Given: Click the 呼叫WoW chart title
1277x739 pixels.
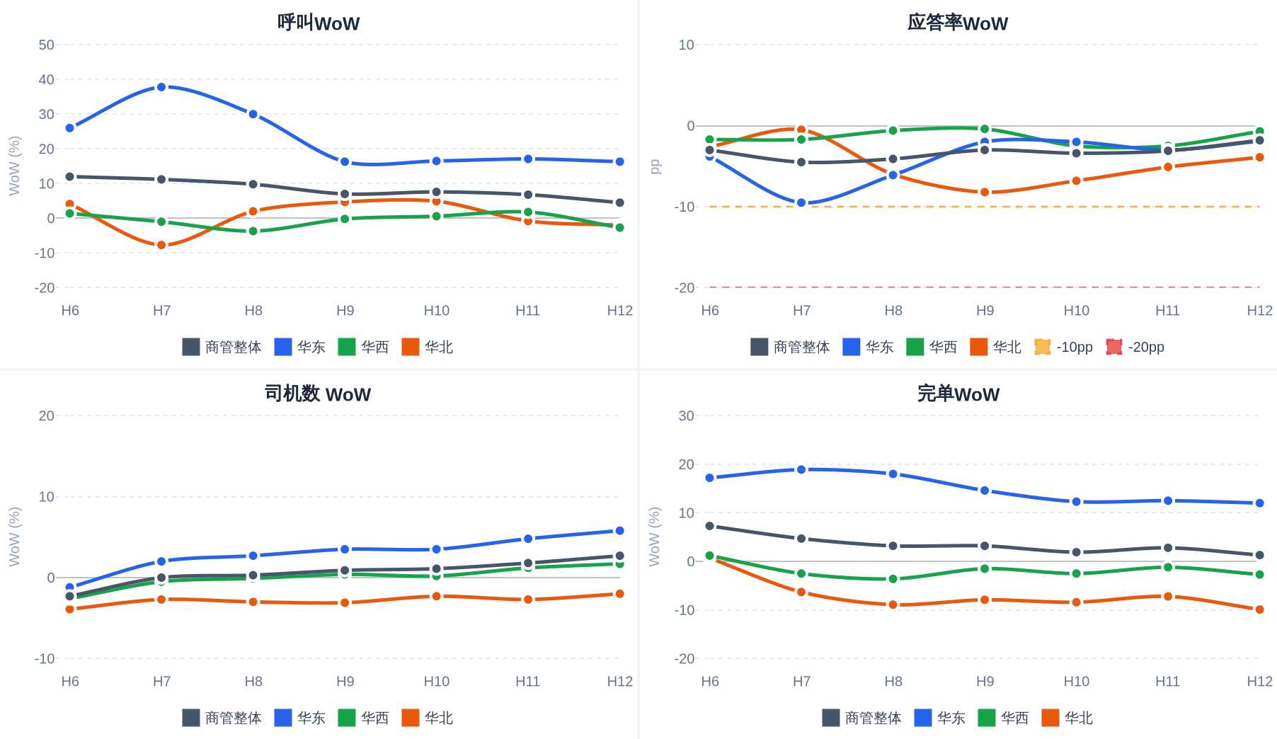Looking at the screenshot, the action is [319, 23].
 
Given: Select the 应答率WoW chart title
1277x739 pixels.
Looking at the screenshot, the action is [958, 23].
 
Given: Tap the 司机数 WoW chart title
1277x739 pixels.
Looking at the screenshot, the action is [318, 394].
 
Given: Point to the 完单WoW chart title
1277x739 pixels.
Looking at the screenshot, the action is [958, 394].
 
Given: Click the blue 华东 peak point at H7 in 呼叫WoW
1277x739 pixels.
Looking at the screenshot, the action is [161, 87].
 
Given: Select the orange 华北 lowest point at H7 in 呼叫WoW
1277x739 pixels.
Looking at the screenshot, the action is [161, 245].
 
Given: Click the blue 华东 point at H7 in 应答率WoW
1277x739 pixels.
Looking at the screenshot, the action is [801, 202].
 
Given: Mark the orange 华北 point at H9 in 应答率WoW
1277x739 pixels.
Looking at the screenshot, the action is [985, 192].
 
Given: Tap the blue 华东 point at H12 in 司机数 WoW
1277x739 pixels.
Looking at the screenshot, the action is [619, 531].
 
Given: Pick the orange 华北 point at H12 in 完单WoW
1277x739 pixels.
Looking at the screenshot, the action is [1259, 609].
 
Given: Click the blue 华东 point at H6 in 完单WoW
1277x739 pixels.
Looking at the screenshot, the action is [710, 478].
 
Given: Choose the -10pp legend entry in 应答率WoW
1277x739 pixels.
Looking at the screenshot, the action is [1063, 347].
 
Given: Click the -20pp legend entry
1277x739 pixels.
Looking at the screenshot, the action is [1135, 347].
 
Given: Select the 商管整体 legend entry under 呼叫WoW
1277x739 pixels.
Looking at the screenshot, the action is [222, 347].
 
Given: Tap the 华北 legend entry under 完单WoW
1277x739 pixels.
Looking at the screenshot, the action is [1067, 718].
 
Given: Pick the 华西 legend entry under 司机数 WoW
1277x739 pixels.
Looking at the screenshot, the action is [363, 718].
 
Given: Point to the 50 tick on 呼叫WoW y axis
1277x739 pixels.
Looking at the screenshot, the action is [47, 45].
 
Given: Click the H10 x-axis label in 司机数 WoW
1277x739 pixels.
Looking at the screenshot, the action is [437, 681].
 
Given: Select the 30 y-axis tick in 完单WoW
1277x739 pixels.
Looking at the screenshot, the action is [687, 416].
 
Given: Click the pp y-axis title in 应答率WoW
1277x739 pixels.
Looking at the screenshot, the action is [655, 166].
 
